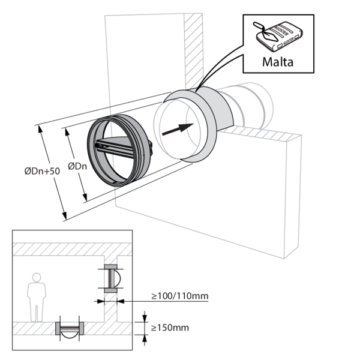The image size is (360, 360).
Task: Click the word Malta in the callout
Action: [278, 62]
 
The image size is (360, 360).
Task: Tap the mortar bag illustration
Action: [278, 36]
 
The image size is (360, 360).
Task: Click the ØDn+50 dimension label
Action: [42, 171]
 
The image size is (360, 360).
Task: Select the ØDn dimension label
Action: [77, 166]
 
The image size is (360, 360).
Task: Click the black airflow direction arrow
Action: [178, 129]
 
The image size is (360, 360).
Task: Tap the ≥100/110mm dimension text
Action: [180, 296]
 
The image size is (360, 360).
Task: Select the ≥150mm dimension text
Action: [170, 328]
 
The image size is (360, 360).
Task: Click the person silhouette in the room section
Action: [37, 298]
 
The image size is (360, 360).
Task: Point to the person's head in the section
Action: [37, 277]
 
